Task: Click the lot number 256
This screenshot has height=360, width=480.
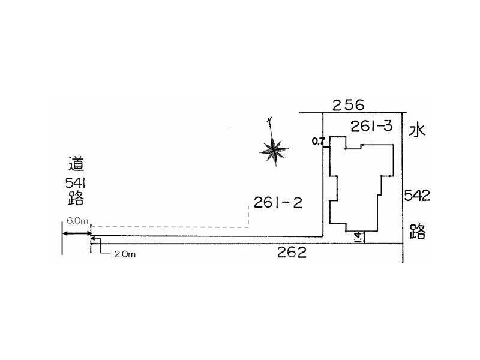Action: point(349,106)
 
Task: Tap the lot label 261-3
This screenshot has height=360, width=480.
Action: point(371,126)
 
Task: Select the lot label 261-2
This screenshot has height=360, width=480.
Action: point(278,203)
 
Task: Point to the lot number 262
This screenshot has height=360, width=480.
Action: point(292,252)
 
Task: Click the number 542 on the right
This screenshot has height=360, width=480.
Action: point(417,196)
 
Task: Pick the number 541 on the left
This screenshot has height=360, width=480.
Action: point(75,184)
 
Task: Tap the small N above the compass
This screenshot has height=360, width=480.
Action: point(269,119)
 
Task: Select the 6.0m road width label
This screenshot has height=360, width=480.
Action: point(77,221)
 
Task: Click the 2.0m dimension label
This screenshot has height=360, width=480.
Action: point(125,254)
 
